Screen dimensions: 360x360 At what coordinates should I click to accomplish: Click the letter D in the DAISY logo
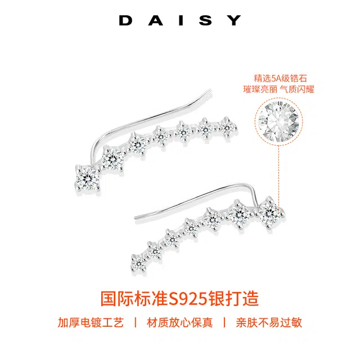125,21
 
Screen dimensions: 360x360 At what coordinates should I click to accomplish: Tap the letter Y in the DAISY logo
235,21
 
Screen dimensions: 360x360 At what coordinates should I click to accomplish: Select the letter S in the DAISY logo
208,21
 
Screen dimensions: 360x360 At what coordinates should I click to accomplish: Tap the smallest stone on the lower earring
137,262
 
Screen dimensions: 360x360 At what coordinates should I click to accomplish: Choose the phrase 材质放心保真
179,323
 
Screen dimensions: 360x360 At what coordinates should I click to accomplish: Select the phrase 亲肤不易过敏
268,323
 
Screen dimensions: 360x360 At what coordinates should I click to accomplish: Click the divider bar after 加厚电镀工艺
134,323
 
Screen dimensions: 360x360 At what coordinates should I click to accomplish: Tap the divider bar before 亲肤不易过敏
224,323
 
